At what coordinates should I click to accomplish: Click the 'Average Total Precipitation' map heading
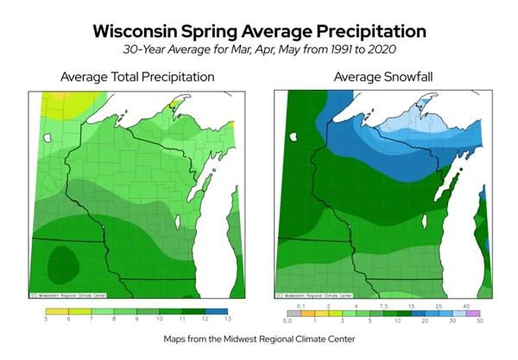137,78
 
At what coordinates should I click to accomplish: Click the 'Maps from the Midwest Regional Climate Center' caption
259,340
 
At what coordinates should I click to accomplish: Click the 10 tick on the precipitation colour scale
162,319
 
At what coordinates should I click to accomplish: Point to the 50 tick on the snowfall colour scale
480,320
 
